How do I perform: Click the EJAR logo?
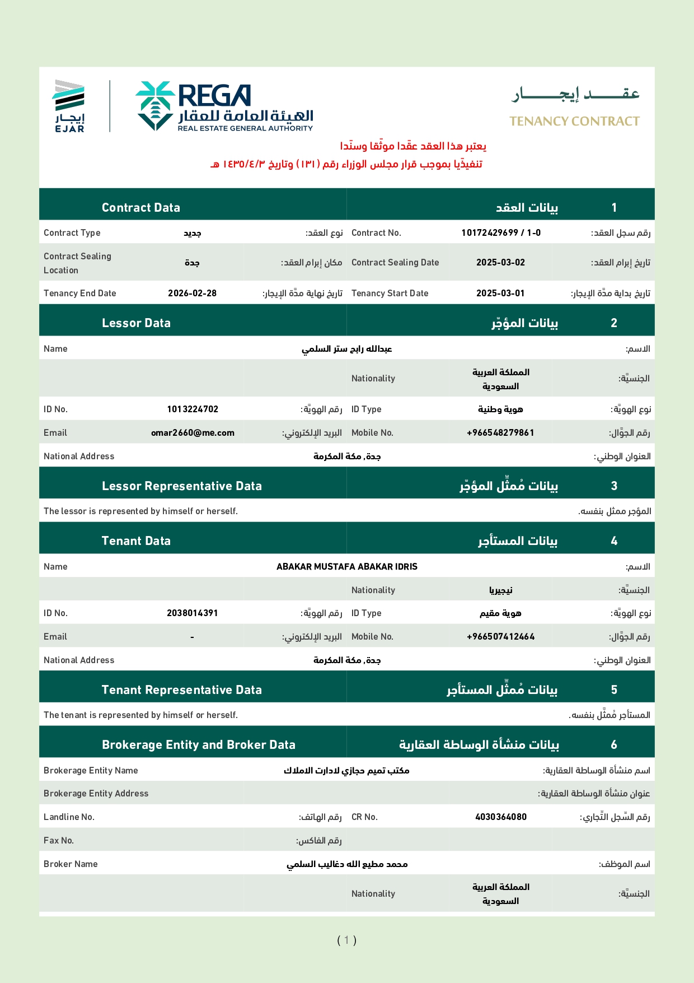[x=69, y=106]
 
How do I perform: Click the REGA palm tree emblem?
[x=155, y=105]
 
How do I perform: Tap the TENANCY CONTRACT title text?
[x=574, y=121]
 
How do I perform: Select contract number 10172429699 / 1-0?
[x=501, y=232]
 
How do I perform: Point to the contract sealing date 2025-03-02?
[x=500, y=262]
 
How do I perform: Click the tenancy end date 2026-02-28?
[x=192, y=293]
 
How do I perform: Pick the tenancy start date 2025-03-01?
[x=500, y=293]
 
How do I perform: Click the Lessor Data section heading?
[x=136, y=323]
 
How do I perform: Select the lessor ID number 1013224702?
[x=193, y=409]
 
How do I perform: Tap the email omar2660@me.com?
[x=193, y=432]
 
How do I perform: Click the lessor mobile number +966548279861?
[x=500, y=432]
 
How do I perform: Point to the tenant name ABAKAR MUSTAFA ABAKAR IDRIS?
[x=347, y=566]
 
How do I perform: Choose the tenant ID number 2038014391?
[x=192, y=613]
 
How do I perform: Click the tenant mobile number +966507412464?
[x=500, y=636]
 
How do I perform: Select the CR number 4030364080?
[x=501, y=817]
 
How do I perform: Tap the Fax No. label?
[x=59, y=840]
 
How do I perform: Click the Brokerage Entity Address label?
[x=96, y=793]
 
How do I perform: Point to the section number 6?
[x=614, y=744]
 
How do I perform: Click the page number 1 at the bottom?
[x=346, y=940]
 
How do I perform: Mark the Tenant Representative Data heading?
[x=182, y=690]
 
